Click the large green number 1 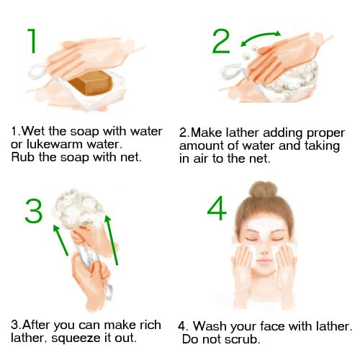32,41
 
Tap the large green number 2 221,41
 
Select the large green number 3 34,211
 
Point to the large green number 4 217,208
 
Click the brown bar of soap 91,83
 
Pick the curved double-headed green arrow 261,37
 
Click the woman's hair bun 264,189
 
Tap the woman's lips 264,261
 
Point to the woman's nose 264,251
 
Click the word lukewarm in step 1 55,144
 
